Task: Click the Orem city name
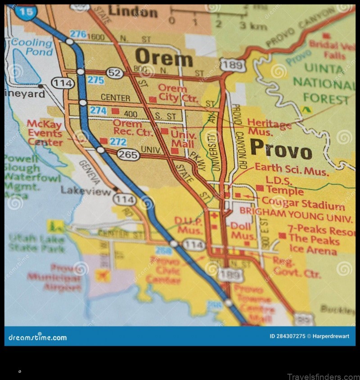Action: point(164,58)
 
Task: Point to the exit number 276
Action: point(78,34)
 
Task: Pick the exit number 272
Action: point(118,142)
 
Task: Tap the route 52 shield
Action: point(115,73)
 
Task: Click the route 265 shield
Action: point(128,155)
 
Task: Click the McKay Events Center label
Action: point(45,133)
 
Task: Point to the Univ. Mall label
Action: point(183,140)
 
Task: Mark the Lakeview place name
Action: point(86,191)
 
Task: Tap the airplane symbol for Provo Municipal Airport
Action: point(103,275)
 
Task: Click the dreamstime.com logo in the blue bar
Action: point(38,337)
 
